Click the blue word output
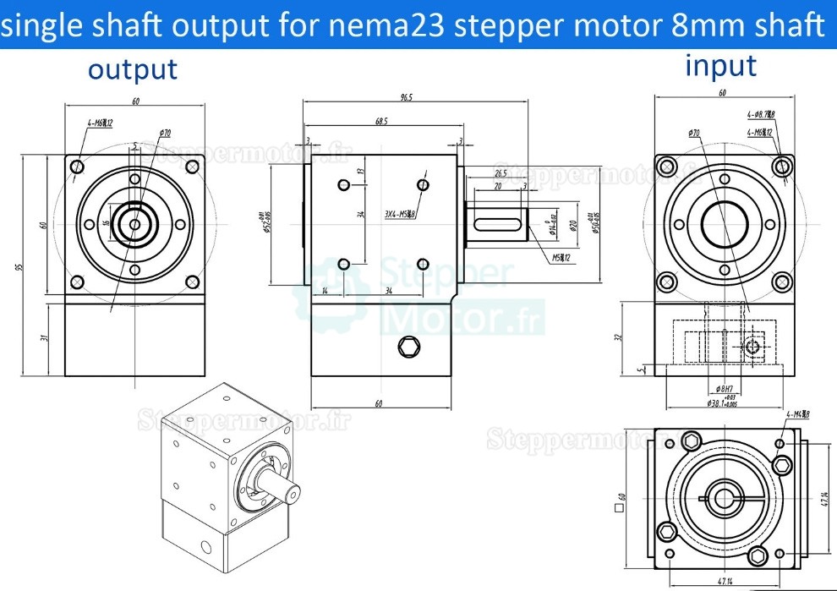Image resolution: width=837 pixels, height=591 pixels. (133, 69)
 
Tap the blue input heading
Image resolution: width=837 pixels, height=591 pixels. (720, 65)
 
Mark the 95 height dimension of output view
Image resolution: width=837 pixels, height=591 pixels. (19, 265)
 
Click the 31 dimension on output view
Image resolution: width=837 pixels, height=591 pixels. (44, 337)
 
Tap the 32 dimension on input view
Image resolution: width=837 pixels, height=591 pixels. (621, 337)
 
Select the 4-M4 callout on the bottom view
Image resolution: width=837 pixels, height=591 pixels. (797, 414)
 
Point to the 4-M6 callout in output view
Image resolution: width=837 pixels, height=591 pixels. (100, 123)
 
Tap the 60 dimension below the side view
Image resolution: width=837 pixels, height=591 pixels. (379, 403)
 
